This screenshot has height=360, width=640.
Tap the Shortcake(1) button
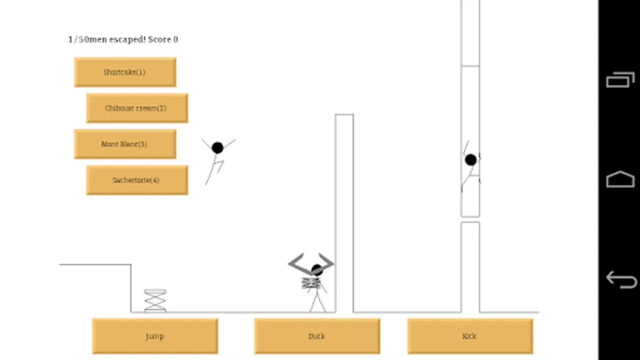[x=125, y=72]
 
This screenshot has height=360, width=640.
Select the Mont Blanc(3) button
[x=125, y=144]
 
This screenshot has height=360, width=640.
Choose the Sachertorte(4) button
[x=137, y=180]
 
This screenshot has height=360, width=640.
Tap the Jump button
[x=155, y=336]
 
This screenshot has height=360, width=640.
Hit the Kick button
[x=470, y=336]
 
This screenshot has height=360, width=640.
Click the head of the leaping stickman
[x=217, y=148]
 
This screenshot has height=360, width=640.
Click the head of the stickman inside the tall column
[x=471, y=160]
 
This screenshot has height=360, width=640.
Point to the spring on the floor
[x=155, y=300]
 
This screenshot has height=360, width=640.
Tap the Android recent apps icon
[x=620, y=80]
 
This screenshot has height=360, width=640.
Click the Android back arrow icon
[x=621, y=280]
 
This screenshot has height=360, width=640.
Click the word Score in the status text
[x=160, y=40]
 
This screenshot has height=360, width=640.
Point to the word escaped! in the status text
[x=128, y=40]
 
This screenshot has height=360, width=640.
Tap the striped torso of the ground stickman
[x=311, y=284]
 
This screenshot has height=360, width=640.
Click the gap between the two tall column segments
[x=470, y=220]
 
